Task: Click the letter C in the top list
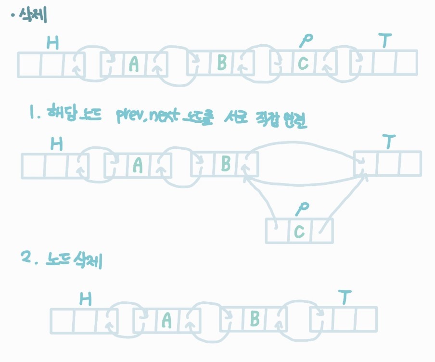[302, 64]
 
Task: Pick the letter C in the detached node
[299, 232]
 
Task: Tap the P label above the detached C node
[302, 208]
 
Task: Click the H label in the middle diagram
[56, 144]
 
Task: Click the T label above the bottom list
[344, 298]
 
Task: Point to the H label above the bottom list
[85, 299]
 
